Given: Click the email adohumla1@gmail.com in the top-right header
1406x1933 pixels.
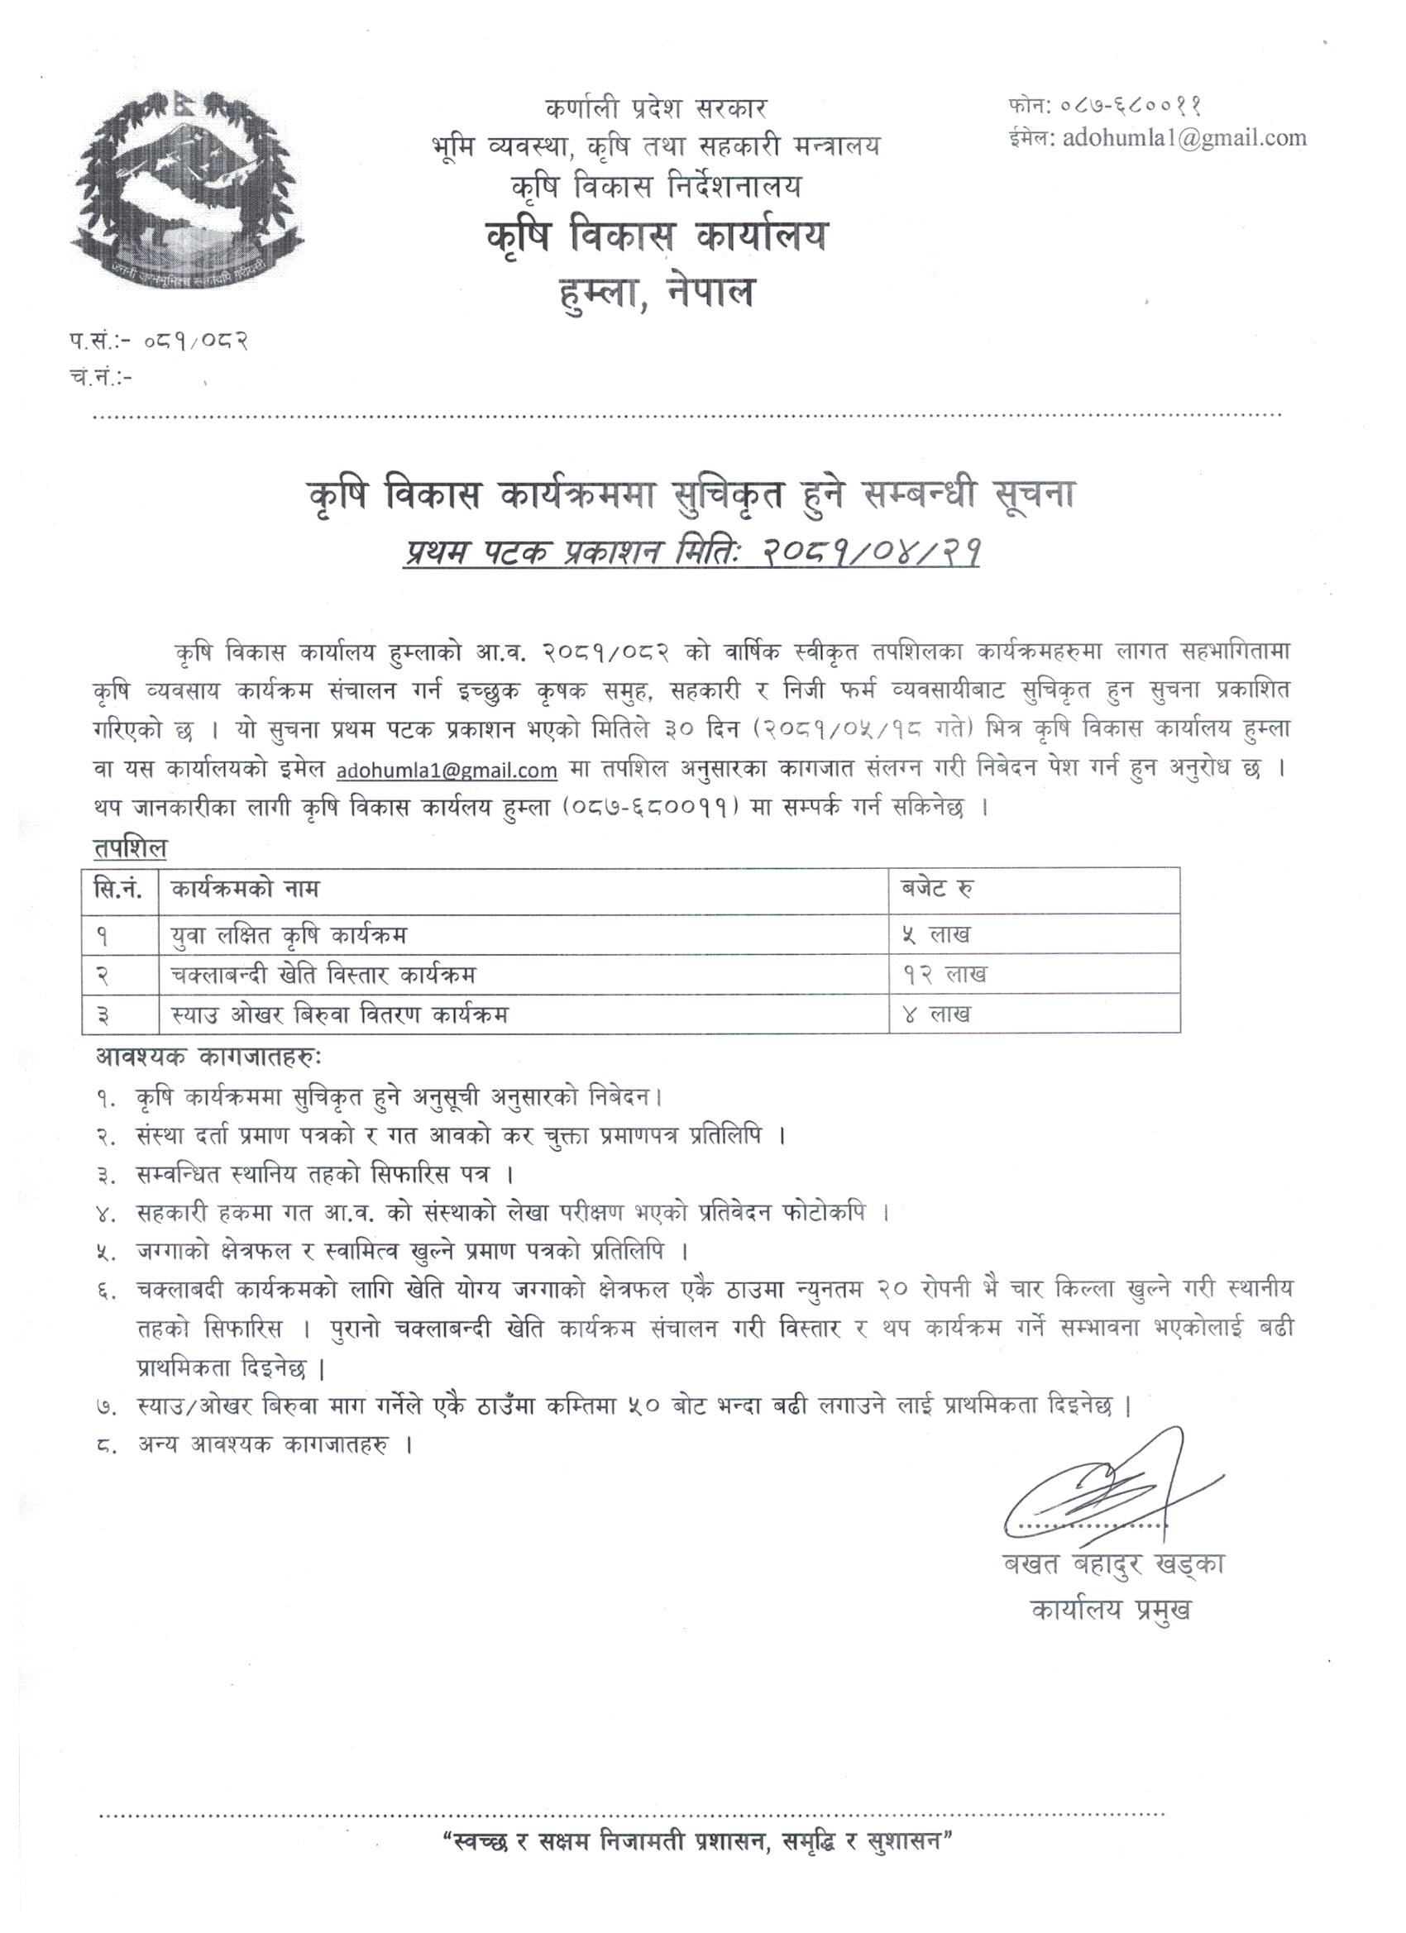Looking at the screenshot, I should pyautogui.click(x=1184, y=137).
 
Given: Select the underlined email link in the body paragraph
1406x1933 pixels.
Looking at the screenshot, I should pyautogui.click(x=447, y=771).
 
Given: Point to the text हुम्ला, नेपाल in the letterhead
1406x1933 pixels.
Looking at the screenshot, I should pyautogui.click(x=655, y=293).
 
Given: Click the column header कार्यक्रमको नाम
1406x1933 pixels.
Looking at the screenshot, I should pyautogui.click(x=245, y=890).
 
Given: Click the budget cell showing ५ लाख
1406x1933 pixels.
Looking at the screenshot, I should pyautogui.click(x=936, y=934).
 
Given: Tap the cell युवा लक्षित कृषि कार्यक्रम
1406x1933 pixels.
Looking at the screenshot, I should pyautogui.click(x=288, y=935).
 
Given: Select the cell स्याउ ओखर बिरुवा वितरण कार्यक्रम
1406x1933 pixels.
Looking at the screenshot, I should pyautogui.click(x=338, y=1014).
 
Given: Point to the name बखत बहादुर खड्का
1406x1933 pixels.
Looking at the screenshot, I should pyautogui.click(x=1112, y=1567).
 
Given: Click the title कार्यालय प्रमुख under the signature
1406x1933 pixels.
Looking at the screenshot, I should pyautogui.click(x=1109, y=1609).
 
